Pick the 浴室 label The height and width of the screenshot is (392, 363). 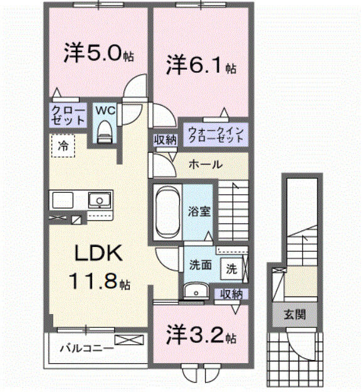[201, 211]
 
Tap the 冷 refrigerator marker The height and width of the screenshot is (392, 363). [63, 146]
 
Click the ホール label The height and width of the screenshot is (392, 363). [205, 165]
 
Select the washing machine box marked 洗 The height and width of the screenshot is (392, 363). [231, 268]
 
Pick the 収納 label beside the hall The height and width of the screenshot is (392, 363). [165, 140]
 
